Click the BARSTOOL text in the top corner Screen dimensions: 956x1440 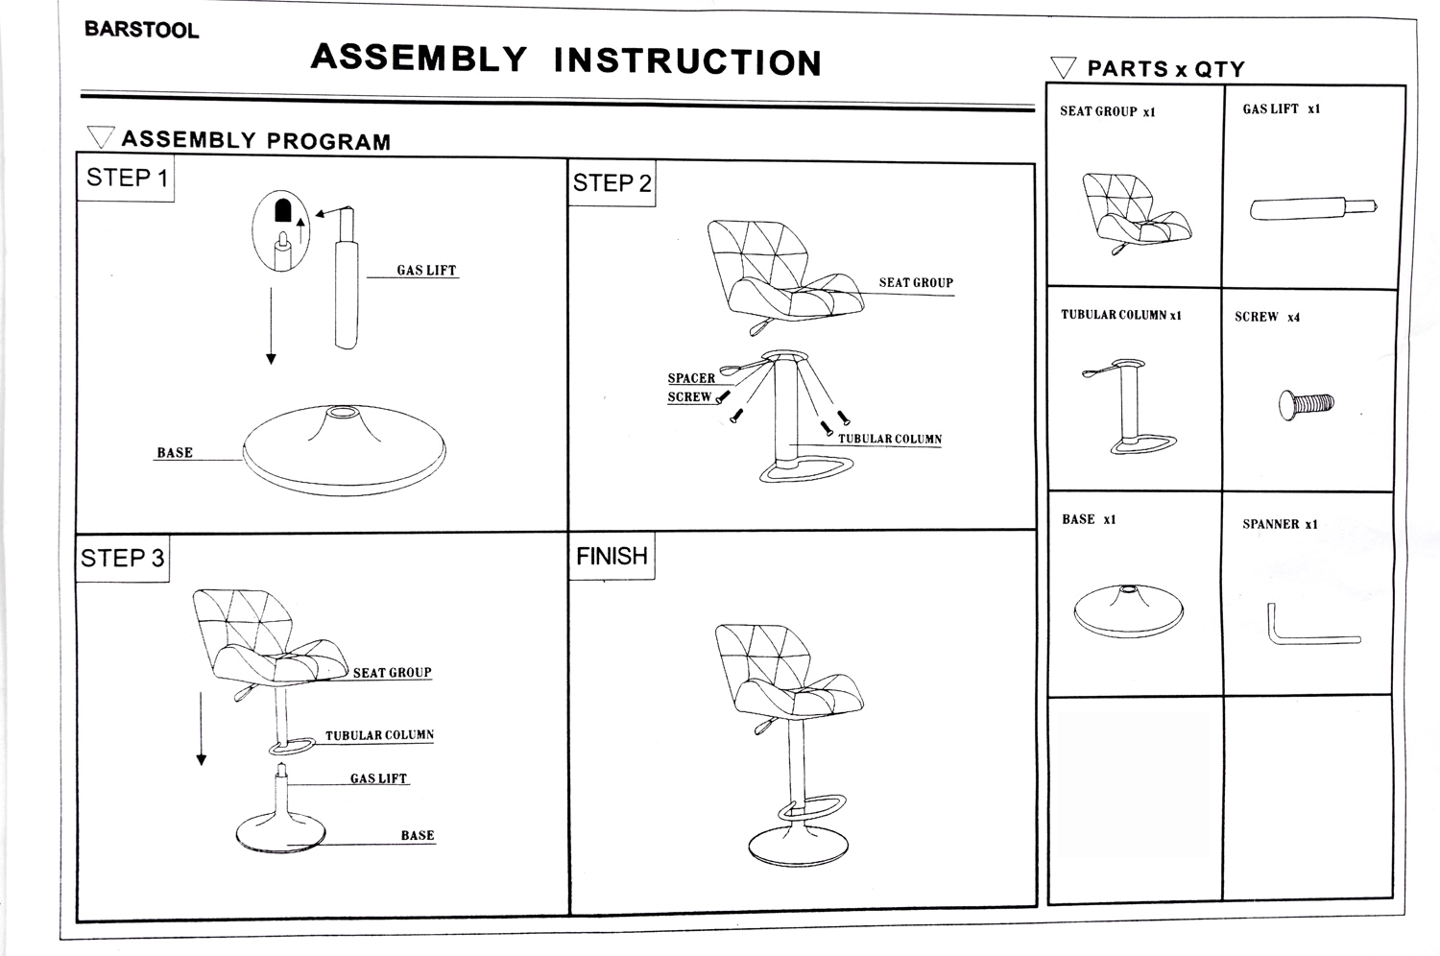(x=141, y=30)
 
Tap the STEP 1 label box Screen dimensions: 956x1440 (x=126, y=179)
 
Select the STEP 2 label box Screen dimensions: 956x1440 (x=612, y=183)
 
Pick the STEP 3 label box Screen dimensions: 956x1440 (x=122, y=559)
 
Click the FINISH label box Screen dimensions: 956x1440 (x=612, y=557)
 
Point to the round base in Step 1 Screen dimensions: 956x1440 (x=344, y=451)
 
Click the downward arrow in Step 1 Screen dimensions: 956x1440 (x=272, y=326)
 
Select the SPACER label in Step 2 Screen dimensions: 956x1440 (x=691, y=378)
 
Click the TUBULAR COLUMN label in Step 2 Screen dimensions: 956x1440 (x=890, y=440)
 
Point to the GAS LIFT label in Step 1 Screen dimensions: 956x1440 (x=426, y=271)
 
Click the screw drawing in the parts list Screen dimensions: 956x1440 (x=1306, y=404)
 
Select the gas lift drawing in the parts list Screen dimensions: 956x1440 (x=1312, y=207)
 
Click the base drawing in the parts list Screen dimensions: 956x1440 (x=1129, y=610)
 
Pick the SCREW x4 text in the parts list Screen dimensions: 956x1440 (x=1267, y=317)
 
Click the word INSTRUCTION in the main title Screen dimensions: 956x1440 (x=687, y=61)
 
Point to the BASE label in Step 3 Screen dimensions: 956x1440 (x=418, y=836)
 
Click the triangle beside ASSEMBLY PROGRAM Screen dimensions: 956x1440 (x=101, y=138)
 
